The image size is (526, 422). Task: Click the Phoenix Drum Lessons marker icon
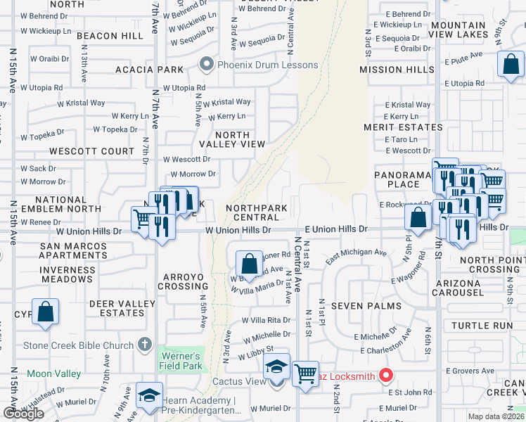coord(207,65)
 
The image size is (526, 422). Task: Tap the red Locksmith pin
coord(385,376)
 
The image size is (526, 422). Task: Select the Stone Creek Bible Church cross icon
coord(145,345)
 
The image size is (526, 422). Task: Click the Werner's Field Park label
coord(181,361)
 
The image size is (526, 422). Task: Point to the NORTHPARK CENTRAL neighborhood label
coord(257,213)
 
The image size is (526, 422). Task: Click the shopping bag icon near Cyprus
coord(45,312)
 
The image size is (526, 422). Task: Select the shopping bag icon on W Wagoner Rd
coord(249,264)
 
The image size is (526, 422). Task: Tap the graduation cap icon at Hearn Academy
coord(149,395)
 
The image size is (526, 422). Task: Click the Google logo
coord(23,413)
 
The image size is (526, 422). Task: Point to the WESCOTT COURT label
coord(91,151)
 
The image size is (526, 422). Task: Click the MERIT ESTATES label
coord(403,127)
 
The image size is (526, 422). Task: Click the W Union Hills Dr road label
coord(238,230)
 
